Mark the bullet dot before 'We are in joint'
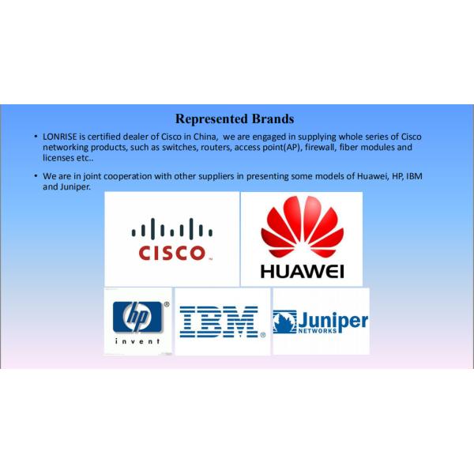[36, 176]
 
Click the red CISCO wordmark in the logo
[171, 253]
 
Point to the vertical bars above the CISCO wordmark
[171, 230]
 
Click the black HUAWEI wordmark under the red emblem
[302, 272]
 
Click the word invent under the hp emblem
[137, 341]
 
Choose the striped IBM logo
[219, 322]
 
